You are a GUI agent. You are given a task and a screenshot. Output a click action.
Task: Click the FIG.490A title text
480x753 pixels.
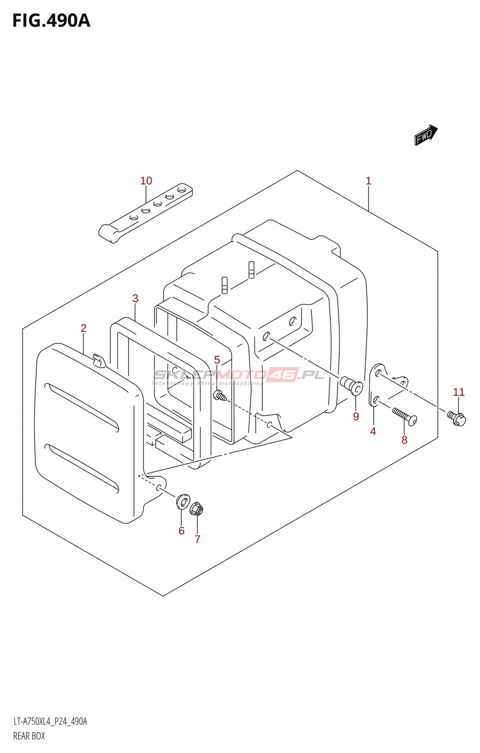[51, 21]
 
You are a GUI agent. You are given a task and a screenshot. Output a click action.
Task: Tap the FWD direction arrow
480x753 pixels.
[425, 135]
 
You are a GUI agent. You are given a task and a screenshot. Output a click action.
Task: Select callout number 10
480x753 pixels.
[146, 181]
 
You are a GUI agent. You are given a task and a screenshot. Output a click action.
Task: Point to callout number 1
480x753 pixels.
[368, 181]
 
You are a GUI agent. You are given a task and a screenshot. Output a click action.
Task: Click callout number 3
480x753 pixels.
[136, 298]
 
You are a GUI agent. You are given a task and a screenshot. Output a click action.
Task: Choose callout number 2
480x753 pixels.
[84, 328]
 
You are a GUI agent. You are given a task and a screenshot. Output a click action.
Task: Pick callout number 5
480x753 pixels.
[217, 360]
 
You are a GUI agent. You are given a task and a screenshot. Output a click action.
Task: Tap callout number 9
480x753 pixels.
[356, 417]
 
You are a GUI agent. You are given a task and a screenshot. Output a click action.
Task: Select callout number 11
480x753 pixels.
[458, 392]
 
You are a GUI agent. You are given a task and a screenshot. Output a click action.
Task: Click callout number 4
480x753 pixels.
[373, 431]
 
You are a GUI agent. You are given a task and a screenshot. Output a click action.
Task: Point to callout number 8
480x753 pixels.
[404, 440]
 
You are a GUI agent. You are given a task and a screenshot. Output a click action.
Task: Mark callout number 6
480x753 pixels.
[182, 531]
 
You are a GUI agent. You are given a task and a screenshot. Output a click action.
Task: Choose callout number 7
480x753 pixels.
[198, 539]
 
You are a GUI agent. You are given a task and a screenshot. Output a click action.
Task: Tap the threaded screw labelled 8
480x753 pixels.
[404, 416]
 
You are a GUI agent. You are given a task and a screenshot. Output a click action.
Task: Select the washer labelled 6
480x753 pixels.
[183, 502]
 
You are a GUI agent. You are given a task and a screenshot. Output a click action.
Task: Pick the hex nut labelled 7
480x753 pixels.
[197, 509]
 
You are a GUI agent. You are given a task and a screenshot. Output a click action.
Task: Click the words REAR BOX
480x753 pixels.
[29, 736]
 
